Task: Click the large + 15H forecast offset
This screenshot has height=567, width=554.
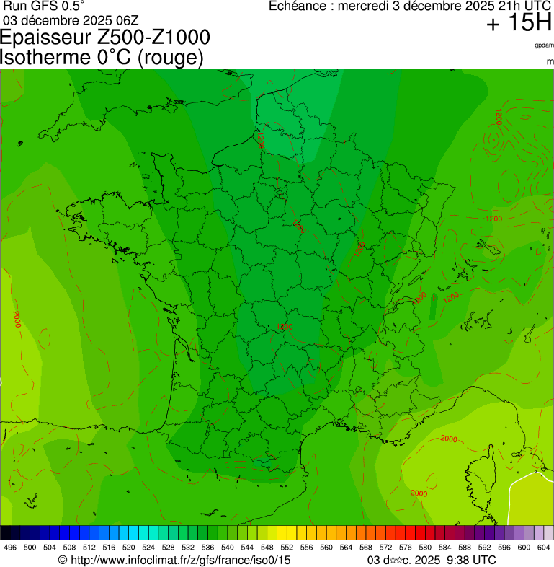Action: click(518, 24)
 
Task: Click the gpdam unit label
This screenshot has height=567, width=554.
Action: click(544, 46)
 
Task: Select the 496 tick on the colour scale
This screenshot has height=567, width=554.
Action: click(10, 548)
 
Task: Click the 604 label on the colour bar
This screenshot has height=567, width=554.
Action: click(544, 548)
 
